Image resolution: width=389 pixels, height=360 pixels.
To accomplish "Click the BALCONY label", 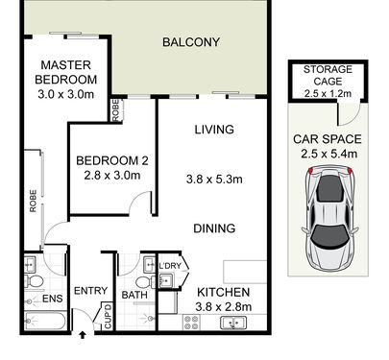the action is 191,42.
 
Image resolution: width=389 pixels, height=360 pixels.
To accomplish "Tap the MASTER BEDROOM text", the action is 66,72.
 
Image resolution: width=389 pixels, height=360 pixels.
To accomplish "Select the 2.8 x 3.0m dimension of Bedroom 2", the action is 112,176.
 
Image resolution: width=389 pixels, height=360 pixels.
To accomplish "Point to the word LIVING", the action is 214,130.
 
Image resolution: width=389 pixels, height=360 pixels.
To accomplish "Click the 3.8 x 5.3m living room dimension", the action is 214,180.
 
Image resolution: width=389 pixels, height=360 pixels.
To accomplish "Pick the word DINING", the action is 214,228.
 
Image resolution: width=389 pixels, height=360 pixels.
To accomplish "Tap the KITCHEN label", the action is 223,292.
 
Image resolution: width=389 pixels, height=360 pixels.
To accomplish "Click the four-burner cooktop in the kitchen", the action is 191,322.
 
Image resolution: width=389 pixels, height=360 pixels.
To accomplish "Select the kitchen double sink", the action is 233,323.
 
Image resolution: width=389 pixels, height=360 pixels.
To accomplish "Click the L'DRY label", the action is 170,266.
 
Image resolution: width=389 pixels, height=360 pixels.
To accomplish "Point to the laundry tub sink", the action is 166,280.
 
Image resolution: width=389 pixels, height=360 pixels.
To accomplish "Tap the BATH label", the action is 134,295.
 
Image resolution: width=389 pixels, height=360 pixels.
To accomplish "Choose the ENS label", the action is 53,299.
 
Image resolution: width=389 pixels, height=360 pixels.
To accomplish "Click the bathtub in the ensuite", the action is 45,321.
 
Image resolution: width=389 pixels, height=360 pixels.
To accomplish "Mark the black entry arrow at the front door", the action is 83,335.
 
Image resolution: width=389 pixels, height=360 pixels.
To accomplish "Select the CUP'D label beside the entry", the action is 108,316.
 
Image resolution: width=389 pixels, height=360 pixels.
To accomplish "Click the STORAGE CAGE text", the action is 328,75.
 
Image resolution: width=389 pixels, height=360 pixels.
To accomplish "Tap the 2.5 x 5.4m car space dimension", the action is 328,154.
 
